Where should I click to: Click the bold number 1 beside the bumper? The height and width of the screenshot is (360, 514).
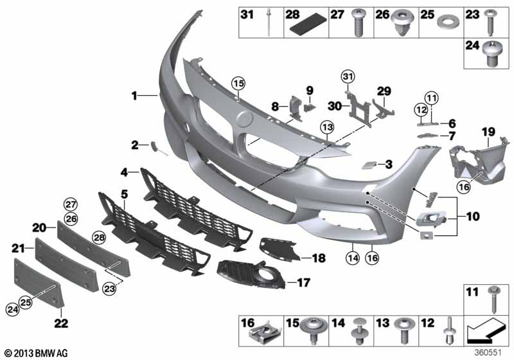pos(134,96)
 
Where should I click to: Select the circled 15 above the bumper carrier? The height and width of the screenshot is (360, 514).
pos(238,84)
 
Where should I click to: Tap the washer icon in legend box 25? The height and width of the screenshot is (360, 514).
pos(447,22)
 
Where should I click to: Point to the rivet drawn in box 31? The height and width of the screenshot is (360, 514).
pos(269,23)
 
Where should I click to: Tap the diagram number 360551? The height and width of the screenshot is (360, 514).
pos(488,353)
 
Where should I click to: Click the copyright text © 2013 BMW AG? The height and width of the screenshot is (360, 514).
pos(36,353)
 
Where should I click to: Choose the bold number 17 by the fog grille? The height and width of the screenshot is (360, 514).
pos(303,282)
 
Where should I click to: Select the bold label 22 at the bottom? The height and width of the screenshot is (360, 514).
pos(61,323)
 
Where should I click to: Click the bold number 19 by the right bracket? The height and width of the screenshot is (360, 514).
pos(488,132)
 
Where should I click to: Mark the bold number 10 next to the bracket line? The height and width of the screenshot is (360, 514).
pos(473,217)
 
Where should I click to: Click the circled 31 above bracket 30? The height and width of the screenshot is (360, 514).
pos(348,76)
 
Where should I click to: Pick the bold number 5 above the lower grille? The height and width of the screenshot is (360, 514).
pos(124,194)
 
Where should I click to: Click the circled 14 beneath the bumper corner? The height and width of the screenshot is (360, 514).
pos(352,258)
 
